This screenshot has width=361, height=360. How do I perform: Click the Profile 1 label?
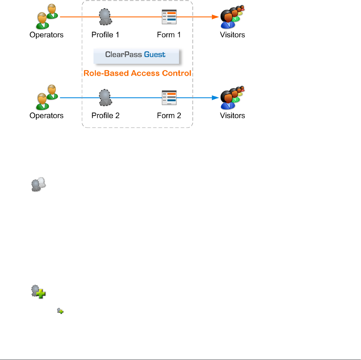(105, 35)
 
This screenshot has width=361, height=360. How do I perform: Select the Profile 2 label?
(105, 116)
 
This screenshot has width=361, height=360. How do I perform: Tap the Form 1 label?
(169, 35)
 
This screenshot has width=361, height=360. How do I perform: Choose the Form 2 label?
(169, 116)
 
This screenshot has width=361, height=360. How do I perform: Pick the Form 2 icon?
(169, 98)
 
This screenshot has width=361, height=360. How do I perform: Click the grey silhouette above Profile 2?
(106, 98)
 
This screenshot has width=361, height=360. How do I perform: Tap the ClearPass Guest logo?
(136, 55)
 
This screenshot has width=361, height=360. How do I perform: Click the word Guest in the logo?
(155, 54)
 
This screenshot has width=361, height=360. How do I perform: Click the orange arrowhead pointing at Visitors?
(216, 17)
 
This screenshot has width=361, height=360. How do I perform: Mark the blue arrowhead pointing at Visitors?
(216, 98)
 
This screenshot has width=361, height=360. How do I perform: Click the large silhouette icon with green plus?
(38, 292)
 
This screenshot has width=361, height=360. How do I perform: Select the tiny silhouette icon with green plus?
(60, 311)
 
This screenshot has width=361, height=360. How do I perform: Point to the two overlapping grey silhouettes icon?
(38, 184)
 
